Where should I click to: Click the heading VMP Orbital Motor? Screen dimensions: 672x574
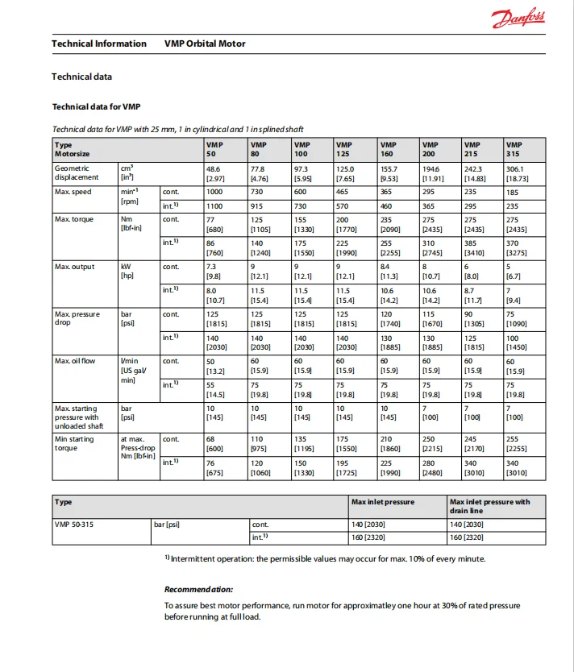(205, 44)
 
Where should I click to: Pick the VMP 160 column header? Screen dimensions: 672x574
(388, 149)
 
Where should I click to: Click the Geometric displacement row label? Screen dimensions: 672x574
(77, 172)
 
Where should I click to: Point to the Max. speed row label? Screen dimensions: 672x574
(73, 192)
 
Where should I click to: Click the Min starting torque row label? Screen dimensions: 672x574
(74, 444)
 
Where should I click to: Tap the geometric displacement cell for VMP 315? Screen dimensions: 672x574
(516, 172)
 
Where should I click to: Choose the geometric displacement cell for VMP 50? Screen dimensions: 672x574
(215, 172)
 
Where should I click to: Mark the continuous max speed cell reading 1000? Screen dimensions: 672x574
(214, 192)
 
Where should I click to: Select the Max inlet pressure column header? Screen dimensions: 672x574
(383, 502)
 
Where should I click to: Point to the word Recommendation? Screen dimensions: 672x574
(198, 589)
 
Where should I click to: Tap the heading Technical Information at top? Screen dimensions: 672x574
(99, 44)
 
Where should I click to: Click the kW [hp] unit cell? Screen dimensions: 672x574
(127, 271)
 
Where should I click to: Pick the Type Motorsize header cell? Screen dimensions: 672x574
(73, 149)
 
